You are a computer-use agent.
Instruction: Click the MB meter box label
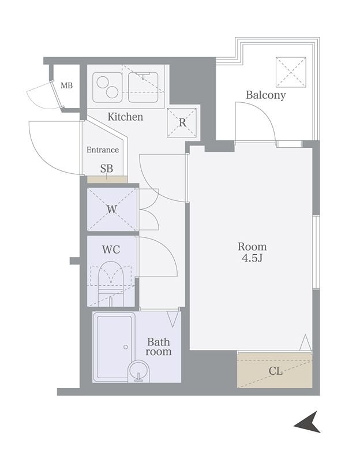click(x=66, y=85)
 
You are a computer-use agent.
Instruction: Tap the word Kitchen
click(x=125, y=117)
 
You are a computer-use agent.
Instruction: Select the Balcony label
click(x=265, y=95)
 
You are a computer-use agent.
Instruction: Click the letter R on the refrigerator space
click(x=182, y=122)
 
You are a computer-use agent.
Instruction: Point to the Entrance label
click(x=103, y=150)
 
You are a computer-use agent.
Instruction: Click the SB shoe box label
click(x=107, y=169)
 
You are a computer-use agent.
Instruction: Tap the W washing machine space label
click(x=111, y=210)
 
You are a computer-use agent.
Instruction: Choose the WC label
click(x=111, y=249)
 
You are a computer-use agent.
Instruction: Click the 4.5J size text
click(x=252, y=258)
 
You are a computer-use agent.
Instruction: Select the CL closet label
click(x=276, y=371)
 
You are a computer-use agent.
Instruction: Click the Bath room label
click(x=158, y=346)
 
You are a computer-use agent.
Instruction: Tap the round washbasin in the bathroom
click(x=139, y=371)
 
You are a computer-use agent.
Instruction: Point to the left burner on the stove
click(x=103, y=82)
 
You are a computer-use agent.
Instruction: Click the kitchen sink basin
click(x=143, y=87)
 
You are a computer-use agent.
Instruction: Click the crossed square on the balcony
click(x=291, y=72)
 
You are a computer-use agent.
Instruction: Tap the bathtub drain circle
click(x=126, y=347)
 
